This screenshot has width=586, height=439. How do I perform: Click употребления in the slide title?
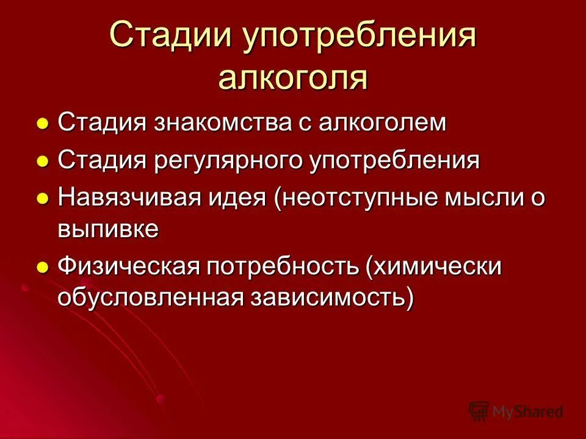pos(360,38)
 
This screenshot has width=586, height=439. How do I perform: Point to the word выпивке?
pos(109,229)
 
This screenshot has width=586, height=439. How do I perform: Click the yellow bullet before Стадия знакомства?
pos(43,124)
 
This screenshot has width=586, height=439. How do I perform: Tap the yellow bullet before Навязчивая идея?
pos(43,199)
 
